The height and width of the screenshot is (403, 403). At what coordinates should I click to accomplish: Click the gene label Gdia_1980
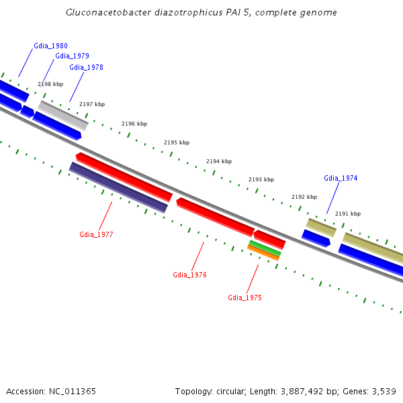point(50,46)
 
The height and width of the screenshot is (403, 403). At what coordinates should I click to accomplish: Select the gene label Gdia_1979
point(72,56)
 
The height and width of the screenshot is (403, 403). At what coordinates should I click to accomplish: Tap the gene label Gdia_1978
point(86,67)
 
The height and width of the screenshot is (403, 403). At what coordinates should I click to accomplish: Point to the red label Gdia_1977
point(96,234)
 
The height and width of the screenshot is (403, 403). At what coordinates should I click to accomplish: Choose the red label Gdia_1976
point(189,275)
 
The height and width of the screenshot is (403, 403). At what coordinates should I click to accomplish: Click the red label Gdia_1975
point(244,298)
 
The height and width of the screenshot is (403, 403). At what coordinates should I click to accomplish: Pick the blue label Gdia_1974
point(341,178)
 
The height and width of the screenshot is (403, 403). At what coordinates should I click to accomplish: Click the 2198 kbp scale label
point(50,84)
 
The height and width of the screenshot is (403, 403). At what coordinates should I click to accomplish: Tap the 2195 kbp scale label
point(177,142)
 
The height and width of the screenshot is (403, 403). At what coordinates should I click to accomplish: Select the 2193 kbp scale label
point(261,179)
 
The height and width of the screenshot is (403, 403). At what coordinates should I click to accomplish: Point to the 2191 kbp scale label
point(348,214)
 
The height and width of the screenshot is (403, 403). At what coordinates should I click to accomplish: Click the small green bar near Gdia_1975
point(265,248)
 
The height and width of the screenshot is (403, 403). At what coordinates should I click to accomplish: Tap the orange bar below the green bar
point(263,253)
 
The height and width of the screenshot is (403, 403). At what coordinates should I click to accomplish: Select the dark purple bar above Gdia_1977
point(118,187)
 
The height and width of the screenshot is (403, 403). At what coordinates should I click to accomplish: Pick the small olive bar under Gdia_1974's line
point(321,227)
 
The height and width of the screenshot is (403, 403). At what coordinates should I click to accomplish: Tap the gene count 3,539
point(382,391)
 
